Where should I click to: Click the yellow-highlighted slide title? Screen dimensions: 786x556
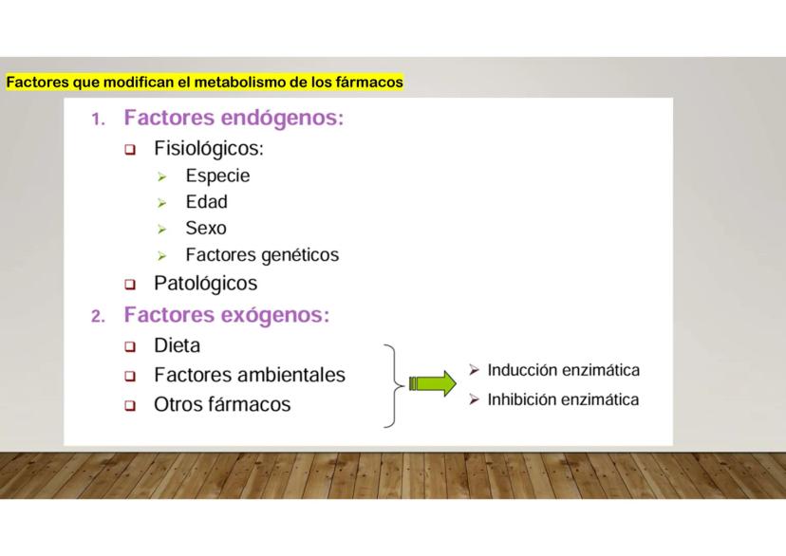pos(204,83)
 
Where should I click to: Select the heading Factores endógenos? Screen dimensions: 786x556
pos(234,119)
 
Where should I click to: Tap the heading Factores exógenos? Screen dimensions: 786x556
pos(227,315)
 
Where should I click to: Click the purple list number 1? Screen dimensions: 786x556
pos(98,120)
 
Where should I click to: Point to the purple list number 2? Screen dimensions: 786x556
pos(98,317)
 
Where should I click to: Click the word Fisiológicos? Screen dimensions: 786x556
pos(209,149)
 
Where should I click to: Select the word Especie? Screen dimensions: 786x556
pos(217,176)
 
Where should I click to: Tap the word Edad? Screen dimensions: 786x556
pos(207,202)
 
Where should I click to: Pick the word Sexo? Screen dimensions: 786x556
pos(206,229)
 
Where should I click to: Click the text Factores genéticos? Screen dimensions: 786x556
pos(262,255)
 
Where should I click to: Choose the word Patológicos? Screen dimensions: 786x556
pos(206,284)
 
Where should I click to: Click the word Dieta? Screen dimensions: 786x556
pos(177,345)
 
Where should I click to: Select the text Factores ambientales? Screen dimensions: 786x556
pos(250,375)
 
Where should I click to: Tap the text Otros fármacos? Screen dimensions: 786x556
pos(222,405)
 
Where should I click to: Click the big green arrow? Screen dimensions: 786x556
pos(433,384)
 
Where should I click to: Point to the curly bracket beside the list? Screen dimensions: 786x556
pos(395,385)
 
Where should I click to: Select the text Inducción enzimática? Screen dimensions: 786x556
pos(564,370)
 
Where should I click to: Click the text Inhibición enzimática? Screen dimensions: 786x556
pos(563,399)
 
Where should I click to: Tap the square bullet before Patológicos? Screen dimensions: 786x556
pos(130,285)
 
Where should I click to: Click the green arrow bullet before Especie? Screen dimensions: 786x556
pos(161,176)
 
